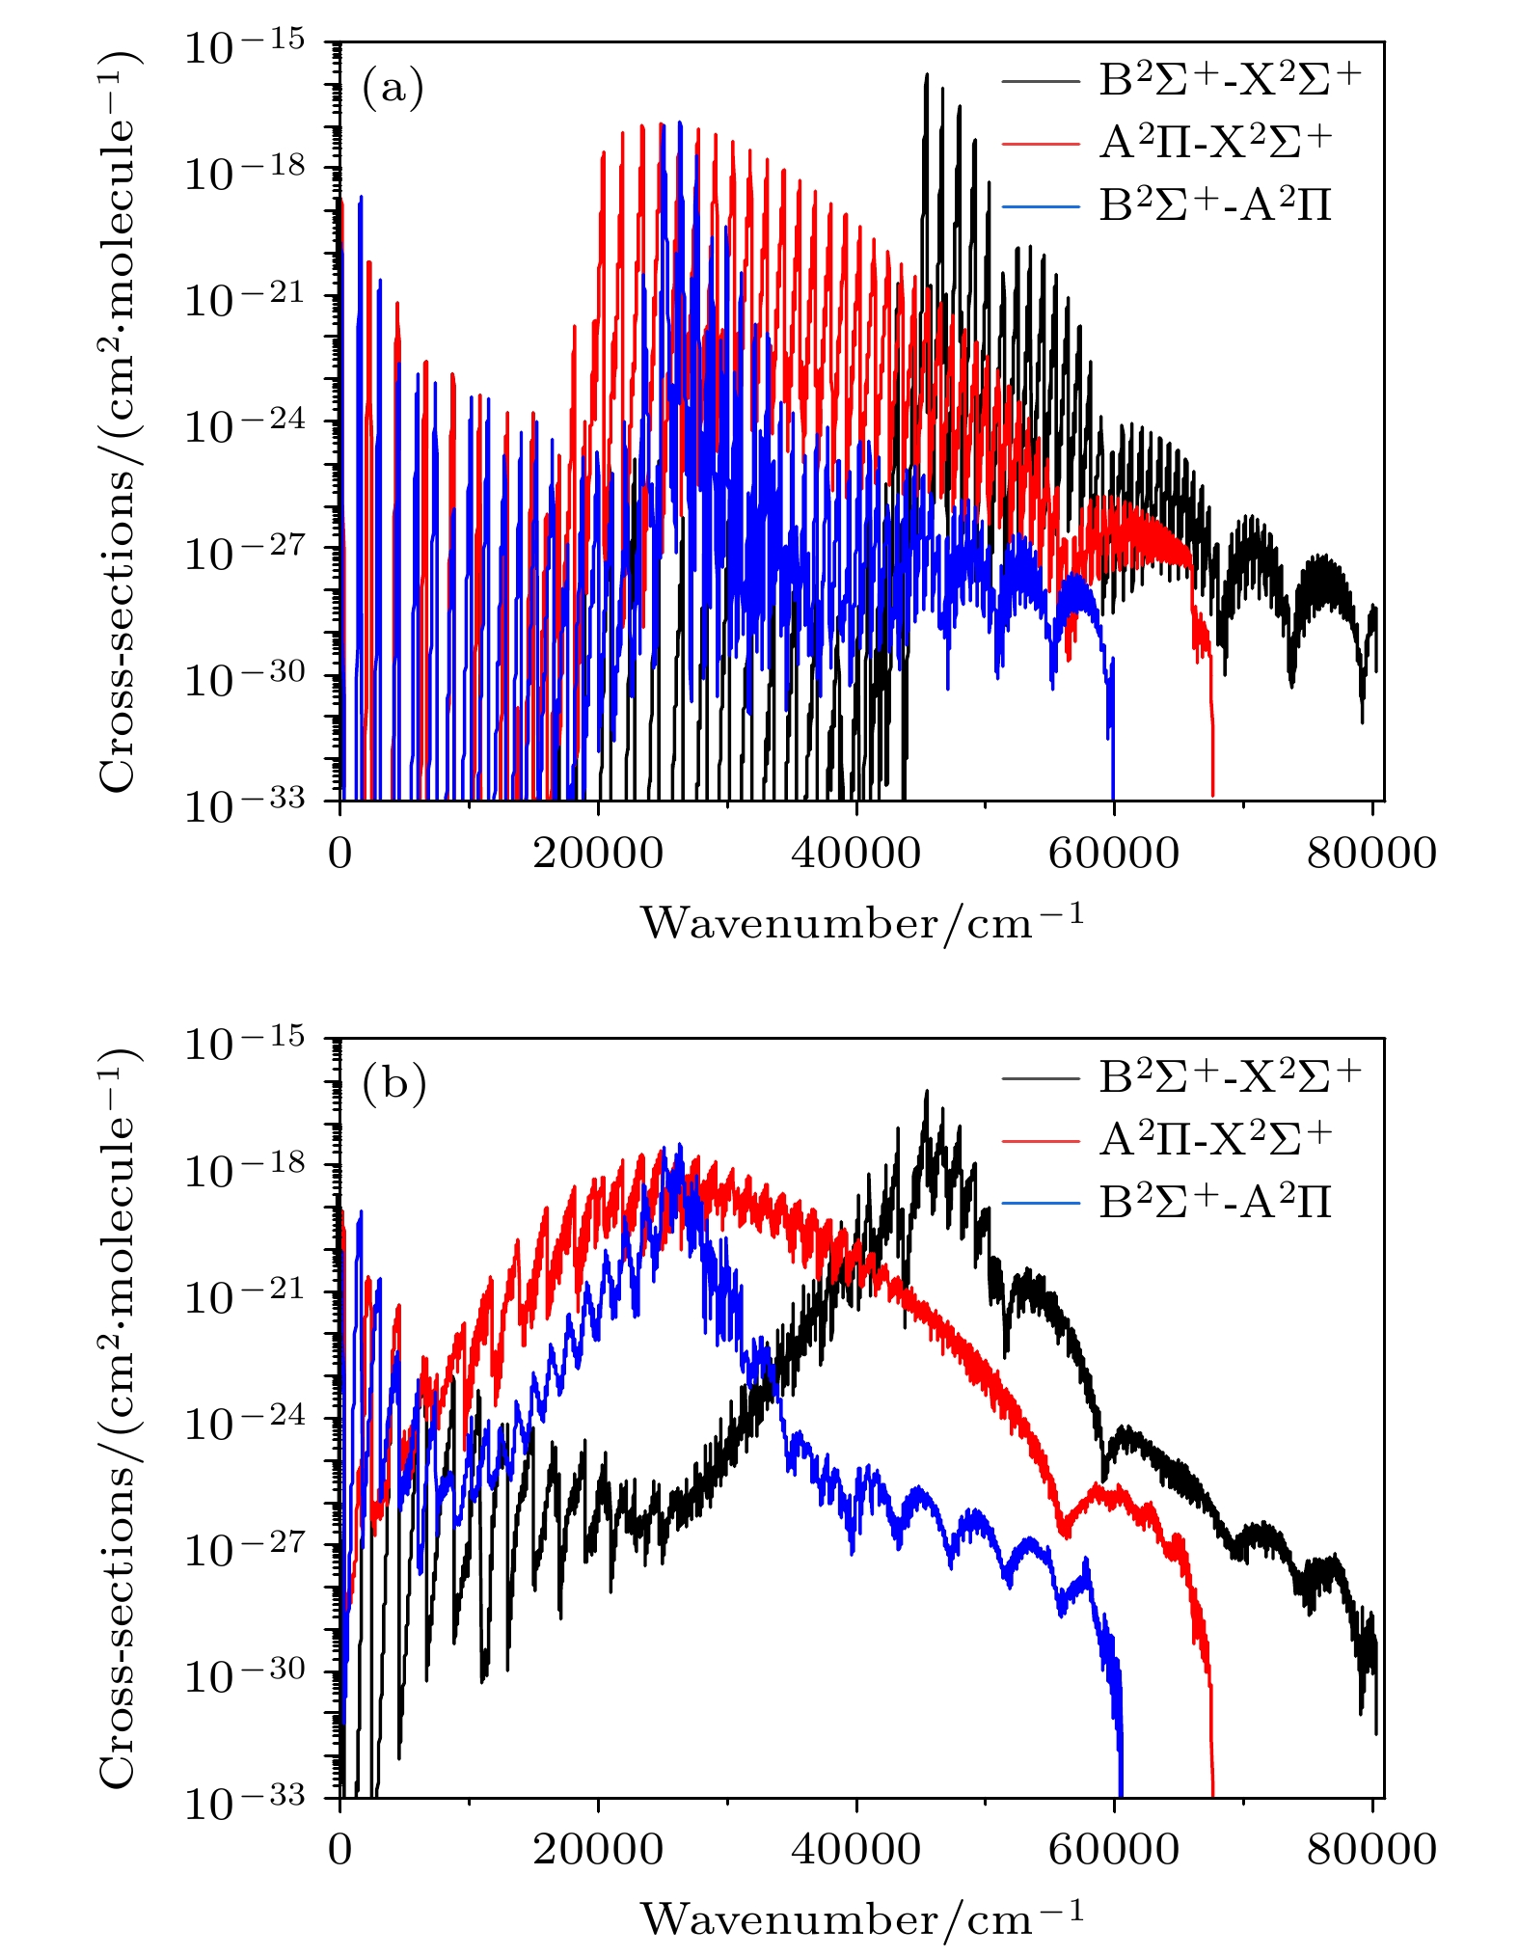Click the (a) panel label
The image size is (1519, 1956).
pyautogui.click(x=393, y=89)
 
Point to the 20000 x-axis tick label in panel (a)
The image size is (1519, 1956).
pyautogui.click(x=598, y=854)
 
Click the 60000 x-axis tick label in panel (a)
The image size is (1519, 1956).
pyautogui.click(x=1114, y=854)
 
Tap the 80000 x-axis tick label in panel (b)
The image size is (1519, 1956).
pyautogui.click(x=1371, y=1850)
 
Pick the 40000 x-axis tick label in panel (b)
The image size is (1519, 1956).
pyautogui.click(x=856, y=1850)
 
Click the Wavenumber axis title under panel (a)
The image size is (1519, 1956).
pyautogui.click(x=861, y=922)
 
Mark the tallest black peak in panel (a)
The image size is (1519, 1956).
pyautogui.click(x=926, y=75)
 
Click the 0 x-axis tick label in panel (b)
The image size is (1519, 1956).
pyautogui.click(x=340, y=1850)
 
